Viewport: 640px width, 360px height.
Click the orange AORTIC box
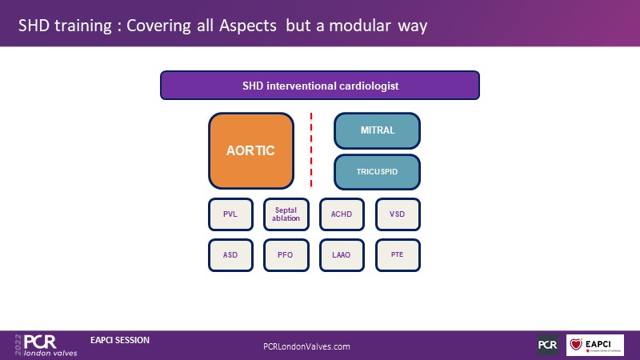251,150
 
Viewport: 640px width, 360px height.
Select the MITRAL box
376,130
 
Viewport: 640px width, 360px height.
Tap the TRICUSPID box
376,171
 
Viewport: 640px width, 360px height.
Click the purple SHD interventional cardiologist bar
320,85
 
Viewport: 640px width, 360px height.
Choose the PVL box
230,214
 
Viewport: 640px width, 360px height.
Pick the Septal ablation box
286,214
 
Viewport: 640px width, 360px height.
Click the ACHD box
342,214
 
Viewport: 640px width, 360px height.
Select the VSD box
398,214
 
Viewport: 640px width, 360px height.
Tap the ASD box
230,255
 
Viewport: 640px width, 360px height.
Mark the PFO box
286,255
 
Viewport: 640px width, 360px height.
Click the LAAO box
342,255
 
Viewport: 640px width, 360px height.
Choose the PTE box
398,255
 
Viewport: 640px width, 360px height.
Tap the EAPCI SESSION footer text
120,340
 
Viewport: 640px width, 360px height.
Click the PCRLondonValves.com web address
306,346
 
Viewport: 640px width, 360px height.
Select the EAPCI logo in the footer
595,345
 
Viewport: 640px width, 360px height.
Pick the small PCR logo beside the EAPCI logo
548,345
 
